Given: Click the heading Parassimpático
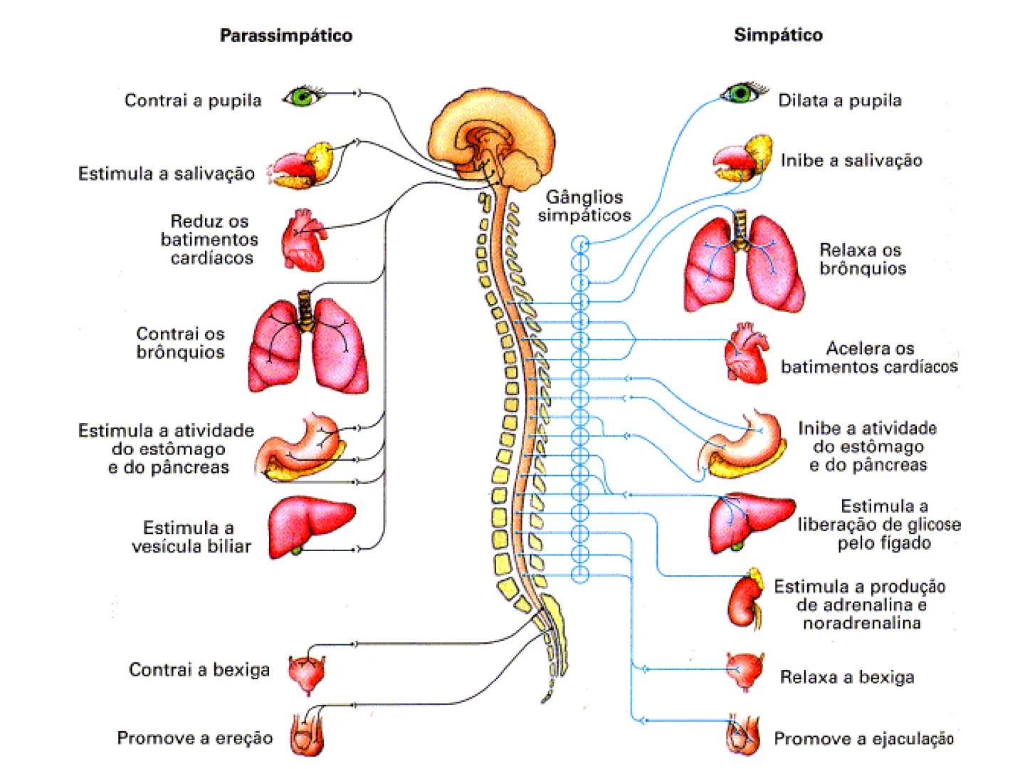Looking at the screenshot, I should point(285,36).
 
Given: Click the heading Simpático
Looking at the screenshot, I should point(778,35).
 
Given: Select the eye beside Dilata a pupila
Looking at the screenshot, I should point(744,93).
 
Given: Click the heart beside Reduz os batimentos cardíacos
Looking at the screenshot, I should point(303,239).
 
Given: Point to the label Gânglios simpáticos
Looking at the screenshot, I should point(584,206).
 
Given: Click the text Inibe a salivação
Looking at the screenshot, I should point(851,161).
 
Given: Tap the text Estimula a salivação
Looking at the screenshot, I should point(166,173).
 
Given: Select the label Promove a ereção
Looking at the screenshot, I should point(194,738).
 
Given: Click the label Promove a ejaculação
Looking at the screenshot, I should point(863,739).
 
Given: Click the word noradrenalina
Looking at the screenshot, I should point(861,624).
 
